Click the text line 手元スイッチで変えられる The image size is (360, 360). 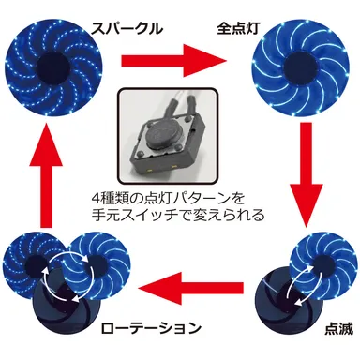click(181, 214)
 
